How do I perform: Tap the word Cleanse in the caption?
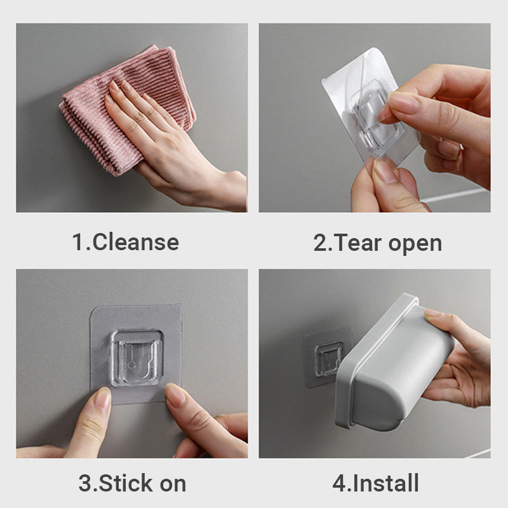[136, 243]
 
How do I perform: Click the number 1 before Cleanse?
[77, 243]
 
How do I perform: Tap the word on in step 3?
[173, 484]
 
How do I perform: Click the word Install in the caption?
[386, 483]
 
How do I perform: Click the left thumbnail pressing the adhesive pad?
[102, 399]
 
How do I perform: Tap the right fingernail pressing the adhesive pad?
[175, 395]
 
